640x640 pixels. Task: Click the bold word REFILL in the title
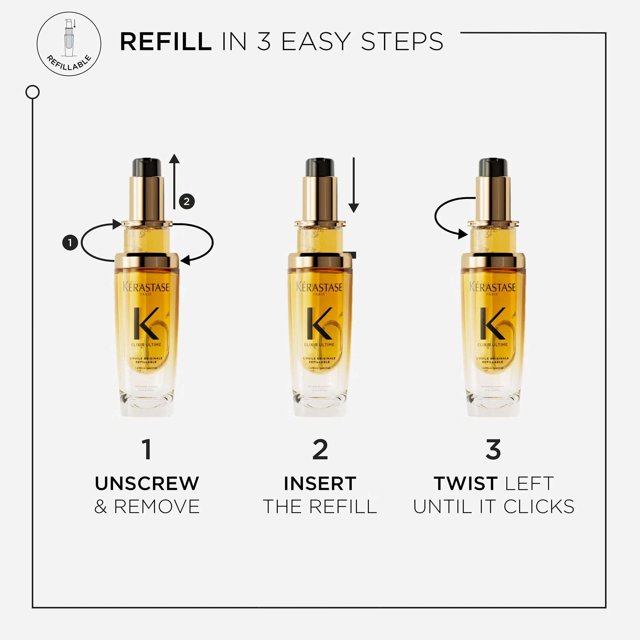pos(166,42)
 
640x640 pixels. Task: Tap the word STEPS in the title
pos(402,42)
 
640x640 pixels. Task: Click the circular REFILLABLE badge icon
pos(69,44)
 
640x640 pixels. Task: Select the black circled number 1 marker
pos(70,243)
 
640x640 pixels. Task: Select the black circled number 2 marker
pos(187,201)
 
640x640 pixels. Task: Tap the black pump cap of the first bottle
pos(147,167)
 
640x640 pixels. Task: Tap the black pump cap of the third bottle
pos(493,167)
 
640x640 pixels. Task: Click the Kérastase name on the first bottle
pos(146,287)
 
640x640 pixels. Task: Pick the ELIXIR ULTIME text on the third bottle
pos(492,345)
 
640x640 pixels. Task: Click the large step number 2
pos(320,450)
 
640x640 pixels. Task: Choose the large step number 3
pos(493,450)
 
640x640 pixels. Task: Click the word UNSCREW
pos(147,483)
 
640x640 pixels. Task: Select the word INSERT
pos(320,483)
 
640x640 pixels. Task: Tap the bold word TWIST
pos(465,483)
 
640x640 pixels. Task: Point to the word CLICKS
pos(539,507)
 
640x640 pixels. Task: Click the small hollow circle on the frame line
pos(32,92)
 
